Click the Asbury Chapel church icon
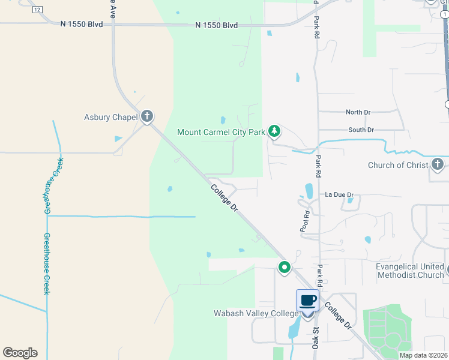147,117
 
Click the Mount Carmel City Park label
221,131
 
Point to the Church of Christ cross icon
438,165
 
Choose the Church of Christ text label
398,165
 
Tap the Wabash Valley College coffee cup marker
307,301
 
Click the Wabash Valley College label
256,313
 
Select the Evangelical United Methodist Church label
410,271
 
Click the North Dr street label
358,112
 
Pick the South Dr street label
361,130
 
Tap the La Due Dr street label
339,195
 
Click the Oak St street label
314,333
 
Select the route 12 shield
37,10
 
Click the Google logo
20,353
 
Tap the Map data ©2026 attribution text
423,355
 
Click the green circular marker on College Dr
284,267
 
